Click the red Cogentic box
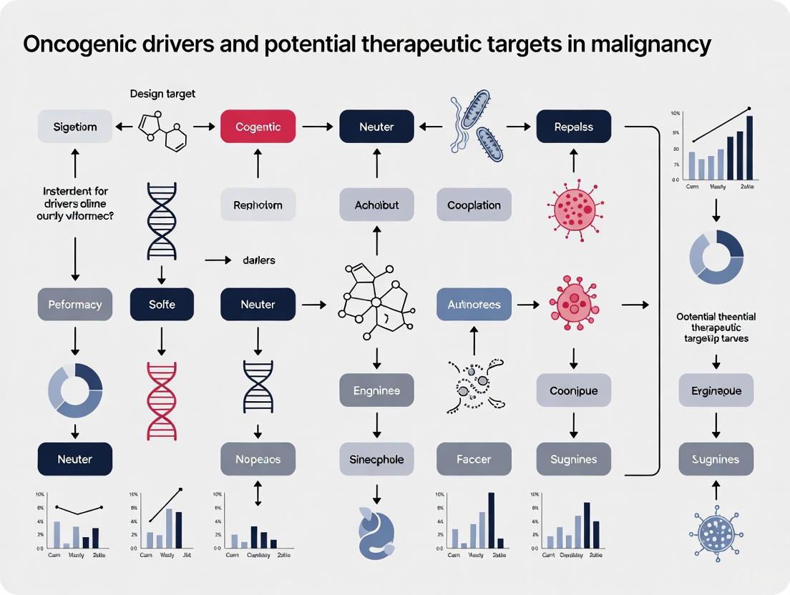(258, 127)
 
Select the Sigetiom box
(74, 127)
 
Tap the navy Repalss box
(573, 127)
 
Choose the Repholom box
(258, 205)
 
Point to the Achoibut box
(376, 205)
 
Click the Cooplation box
(474, 205)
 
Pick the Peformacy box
(74, 304)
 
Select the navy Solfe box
(162, 304)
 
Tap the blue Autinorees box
(474, 304)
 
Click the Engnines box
(376, 390)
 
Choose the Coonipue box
(573, 390)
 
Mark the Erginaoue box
(716, 390)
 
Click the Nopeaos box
(258, 459)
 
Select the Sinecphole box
(376, 459)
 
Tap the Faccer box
(474, 459)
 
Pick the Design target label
(162, 94)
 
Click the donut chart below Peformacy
(74, 390)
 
